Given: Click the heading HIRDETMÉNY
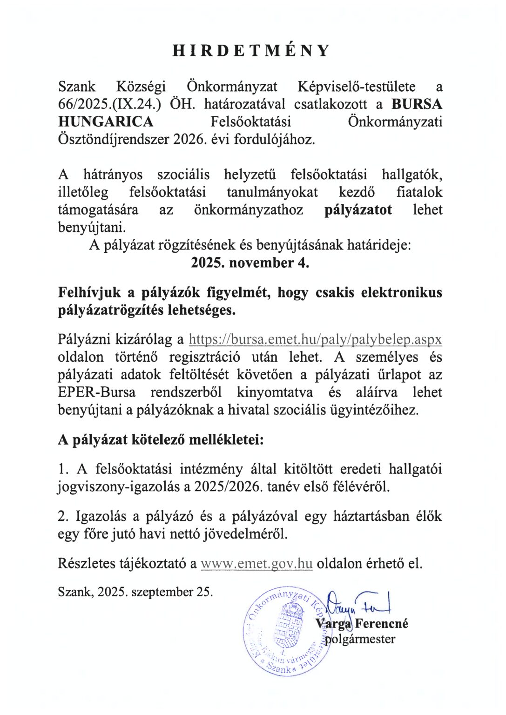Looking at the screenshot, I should (x=251, y=50).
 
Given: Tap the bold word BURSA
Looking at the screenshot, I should (x=417, y=104).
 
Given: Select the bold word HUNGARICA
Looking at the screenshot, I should (x=106, y=122).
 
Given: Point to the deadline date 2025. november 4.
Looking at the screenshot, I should (x=250, y=263).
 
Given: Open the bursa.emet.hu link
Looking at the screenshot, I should (x=315, y=339).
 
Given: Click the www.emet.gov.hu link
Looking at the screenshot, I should (x=256, y=564).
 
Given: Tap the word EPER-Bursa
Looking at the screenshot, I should (x=97, y=392).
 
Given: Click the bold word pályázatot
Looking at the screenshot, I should (x=358, y=210).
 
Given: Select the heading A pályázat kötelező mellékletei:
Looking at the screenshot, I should (x=161, y=439).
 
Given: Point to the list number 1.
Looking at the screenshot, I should (x=63, y=469).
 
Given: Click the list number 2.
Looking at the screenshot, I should (x=63, y=516).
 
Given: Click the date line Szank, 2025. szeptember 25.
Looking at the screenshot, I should (x=135, y=592).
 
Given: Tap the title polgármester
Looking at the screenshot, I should (x=360, y=639).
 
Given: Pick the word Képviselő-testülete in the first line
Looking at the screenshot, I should (x=357, y=87).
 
